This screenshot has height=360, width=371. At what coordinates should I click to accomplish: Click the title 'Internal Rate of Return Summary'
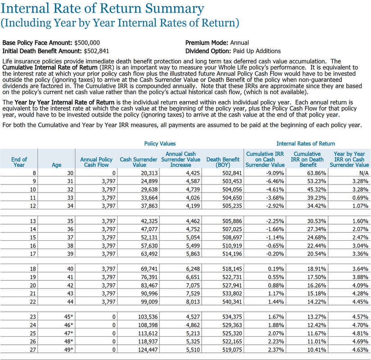point(103,8)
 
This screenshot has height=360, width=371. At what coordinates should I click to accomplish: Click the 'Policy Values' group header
point(160,144)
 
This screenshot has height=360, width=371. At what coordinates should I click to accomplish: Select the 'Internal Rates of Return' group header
point(306,144)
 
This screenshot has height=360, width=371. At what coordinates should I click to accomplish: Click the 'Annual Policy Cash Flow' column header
point(96,162)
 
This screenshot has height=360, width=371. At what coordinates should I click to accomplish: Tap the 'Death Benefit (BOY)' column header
point(223,162)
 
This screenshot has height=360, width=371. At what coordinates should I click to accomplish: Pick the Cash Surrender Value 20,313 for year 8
point(148,173)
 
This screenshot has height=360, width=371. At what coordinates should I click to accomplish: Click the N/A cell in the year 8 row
point(363,173)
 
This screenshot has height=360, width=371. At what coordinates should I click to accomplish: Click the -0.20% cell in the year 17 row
point(275,254)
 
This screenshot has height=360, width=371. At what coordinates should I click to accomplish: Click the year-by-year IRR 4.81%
point(359,333)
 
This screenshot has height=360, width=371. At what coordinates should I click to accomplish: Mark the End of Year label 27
point(32,349)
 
